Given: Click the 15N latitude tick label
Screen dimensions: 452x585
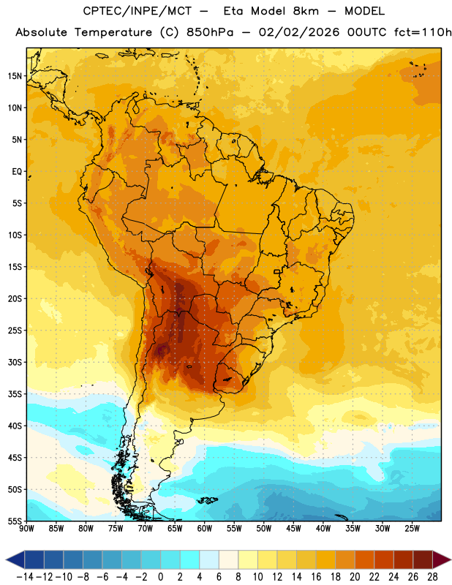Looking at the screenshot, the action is click(x=15, y=76).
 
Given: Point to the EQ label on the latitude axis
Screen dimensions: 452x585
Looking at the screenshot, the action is click(x=17, y=172).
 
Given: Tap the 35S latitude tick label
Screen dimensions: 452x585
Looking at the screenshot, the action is click(x=15, y=394).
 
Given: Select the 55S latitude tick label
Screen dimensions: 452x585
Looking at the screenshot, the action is click(x=15, y=521).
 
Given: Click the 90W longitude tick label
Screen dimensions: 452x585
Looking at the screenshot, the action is click(x=26, y=529).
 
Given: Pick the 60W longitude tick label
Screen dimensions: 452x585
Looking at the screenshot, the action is click(x=205, y=529).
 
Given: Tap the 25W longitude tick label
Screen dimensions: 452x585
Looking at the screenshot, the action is click(x=412, y=529).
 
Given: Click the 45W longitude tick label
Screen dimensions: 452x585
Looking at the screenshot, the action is click(x=293, y=529).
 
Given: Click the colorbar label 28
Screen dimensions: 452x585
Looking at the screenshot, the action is click(x=432, y=577).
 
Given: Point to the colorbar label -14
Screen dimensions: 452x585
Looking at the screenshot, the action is click(x=25, y=577).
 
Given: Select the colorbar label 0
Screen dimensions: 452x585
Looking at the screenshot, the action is click(x=160, y=577).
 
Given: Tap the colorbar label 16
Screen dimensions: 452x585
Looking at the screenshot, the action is click(x=316, y=577).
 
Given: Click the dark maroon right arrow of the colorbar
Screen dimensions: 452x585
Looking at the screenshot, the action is click(x=441, y=559).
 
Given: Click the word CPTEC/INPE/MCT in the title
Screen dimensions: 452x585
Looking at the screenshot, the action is click(x=137, y=11).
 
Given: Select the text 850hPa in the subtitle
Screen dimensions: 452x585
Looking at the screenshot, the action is click(x=210, y=32).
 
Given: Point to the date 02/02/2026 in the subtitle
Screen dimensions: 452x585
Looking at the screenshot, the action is click(x=299, y=32).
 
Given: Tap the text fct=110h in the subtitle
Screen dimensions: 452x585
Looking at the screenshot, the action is click(x=423, y=32).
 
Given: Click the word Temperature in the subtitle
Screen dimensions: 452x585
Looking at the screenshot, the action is click(x=113, y=32).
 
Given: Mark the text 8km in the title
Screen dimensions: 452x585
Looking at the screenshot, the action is click(x=306, y=11).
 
